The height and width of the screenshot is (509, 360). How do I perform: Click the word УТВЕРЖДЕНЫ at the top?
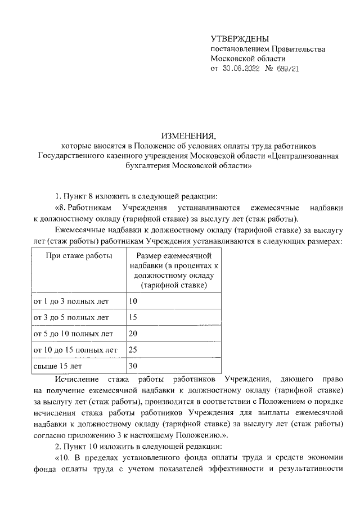[x=236, y=38]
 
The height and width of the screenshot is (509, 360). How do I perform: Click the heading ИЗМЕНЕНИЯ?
[x=188, y=136]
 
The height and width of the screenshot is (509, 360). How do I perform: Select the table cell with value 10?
[x=133, y=301]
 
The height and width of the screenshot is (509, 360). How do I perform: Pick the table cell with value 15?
[x=133, y=317]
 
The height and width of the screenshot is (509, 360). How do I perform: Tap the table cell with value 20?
[x=133, y=334]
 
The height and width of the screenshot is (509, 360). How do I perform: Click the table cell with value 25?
[x=133, y=350]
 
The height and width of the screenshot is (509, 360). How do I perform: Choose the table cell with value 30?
[x=133, y=366]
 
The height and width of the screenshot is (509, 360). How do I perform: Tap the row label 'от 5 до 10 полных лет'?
[x=74, y=334]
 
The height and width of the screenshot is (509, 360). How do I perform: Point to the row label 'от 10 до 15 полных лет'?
[x=76, y=350]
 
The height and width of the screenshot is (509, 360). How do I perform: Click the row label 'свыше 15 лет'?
[x=57, y=366]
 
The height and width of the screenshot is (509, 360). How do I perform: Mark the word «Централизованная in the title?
[x=301, y=156]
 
